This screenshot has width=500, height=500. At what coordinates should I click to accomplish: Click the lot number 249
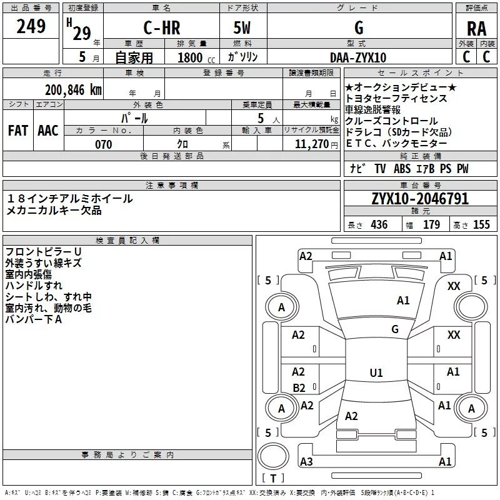pyautogui.click(x=31, y=27)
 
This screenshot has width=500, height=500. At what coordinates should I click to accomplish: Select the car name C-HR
pyautogui.click(x=162, y=28)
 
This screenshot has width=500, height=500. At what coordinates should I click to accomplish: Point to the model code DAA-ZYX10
pyautogui.click(x=358, y=57)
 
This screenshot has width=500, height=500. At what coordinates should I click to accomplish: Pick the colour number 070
pyautogui.click(x=103, y=144)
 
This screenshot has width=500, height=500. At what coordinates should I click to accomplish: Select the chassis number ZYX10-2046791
pyautogui.click(x=420, y=199)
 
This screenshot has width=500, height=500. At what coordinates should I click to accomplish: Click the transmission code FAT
pyautogui.click(x=17, y=131)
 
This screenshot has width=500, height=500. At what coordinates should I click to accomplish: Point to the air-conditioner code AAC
pyautogui.click(x=47, y=131)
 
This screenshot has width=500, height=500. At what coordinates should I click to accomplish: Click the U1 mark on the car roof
pyautogui.click(x=376, y=373)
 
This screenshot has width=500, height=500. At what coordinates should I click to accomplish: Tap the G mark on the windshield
pyautogui.click(x=394, y=329)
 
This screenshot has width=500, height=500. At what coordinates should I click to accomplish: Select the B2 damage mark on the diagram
pyautogui.click(x=299, y=387)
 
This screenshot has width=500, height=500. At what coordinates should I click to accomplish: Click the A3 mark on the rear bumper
pyautogui.click(x=306, y=462)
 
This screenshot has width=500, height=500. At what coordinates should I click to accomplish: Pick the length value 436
pyautogui.click(x=379, y=225)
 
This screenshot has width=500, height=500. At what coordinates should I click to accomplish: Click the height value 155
pyautogui.click(x=481, y=225)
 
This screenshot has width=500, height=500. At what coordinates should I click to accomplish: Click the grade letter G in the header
pyautogui.click(x=358, y=28)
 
